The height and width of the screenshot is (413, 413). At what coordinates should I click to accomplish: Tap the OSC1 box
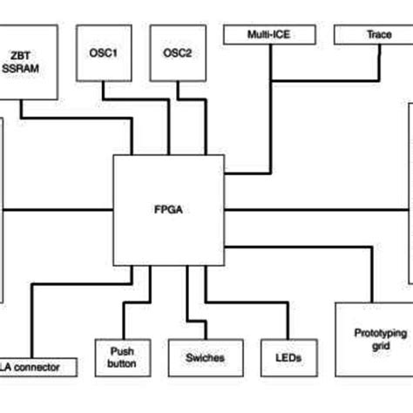[104, 53]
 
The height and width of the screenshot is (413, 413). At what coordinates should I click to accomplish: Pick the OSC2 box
[178, 53]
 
